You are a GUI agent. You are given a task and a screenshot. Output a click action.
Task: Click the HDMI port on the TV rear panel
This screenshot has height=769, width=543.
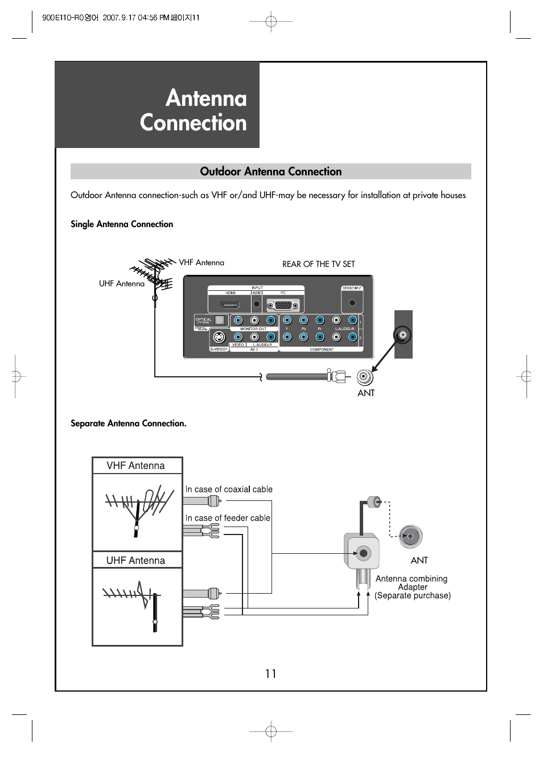231,305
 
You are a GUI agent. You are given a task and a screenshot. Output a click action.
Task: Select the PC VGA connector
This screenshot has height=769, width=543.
283,305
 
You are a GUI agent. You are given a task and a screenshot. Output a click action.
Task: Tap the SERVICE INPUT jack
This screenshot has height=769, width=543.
352,303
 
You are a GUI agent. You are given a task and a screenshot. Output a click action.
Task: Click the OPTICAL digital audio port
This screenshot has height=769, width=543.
220,320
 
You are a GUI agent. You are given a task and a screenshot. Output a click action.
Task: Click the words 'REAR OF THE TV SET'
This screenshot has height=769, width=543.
318,264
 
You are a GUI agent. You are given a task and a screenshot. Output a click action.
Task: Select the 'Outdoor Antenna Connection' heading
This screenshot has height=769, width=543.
271,171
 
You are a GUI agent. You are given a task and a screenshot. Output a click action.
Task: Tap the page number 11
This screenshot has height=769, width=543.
271,674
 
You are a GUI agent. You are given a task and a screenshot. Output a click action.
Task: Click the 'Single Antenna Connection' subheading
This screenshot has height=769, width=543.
122,224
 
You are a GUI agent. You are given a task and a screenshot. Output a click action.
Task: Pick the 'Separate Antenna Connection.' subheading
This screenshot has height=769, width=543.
129,423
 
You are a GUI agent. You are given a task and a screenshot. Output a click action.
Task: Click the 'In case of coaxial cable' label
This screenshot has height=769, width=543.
229,490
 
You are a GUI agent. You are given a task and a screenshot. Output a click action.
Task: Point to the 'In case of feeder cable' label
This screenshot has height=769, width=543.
228,518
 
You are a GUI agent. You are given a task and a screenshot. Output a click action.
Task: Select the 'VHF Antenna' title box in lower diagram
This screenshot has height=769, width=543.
137,466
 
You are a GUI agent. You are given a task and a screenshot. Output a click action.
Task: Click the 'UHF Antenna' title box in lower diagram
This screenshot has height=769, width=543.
137,560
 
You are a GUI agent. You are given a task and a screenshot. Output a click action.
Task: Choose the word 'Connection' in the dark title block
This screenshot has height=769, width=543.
194,123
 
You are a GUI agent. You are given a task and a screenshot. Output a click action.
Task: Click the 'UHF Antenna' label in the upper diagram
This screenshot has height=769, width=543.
122,283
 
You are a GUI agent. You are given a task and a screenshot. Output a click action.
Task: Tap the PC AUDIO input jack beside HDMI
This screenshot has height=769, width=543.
257,305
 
